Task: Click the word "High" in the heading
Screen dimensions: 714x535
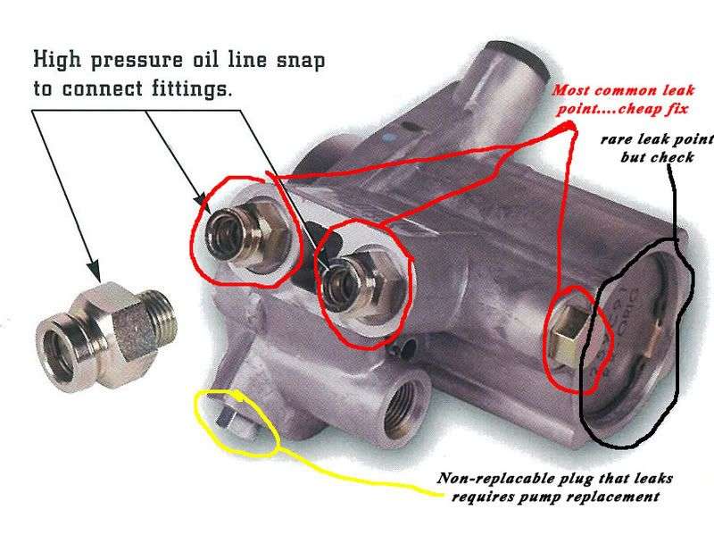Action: point(57,59)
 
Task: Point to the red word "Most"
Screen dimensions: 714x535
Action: point(571,90)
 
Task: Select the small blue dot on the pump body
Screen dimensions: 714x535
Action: point(387,137)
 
